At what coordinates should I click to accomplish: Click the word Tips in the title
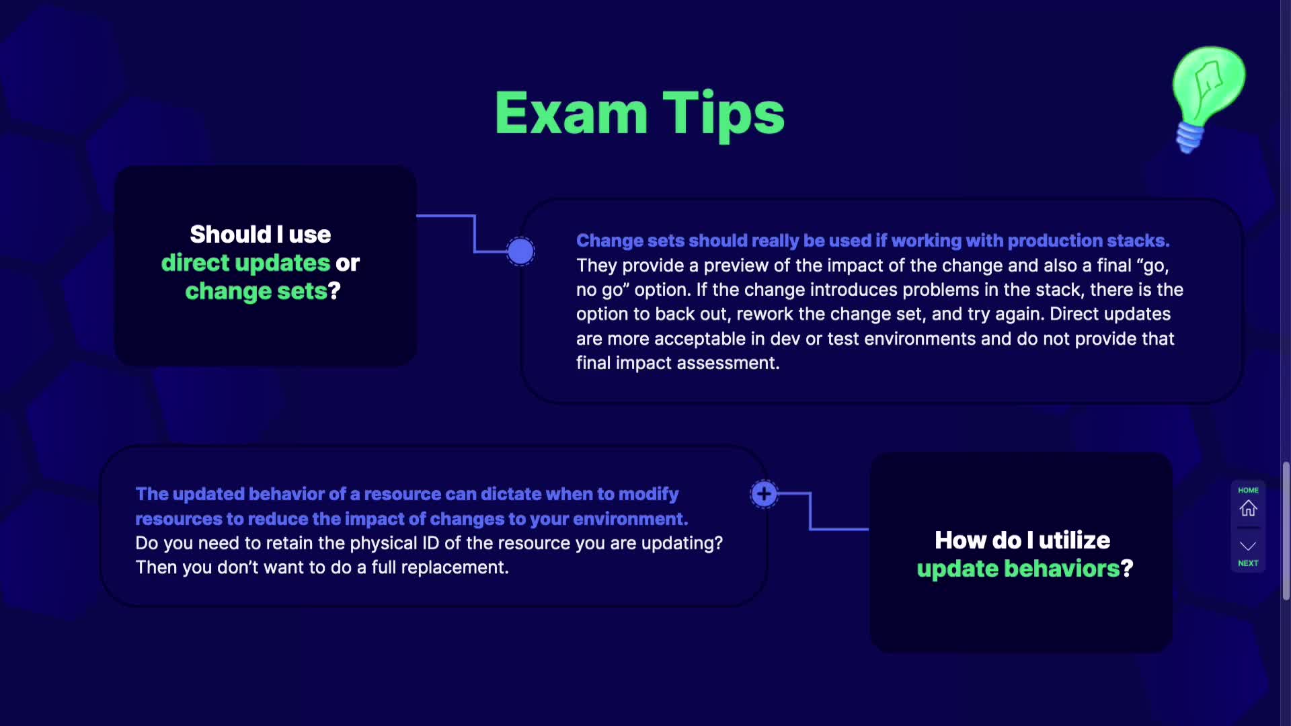[723, 116]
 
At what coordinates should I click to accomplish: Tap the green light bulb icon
[1209, 97]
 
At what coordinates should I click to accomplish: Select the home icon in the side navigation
[1248, 508]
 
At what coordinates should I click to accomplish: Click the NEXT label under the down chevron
[1248, 563]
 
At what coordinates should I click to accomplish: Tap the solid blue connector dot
[520, 251]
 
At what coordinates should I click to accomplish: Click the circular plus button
[764, 494]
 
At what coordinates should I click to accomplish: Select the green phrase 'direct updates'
[245, 264]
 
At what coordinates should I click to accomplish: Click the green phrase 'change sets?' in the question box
[263, 291]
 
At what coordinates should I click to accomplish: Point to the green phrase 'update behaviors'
[1018, 569]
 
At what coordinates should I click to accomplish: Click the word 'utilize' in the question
[1074, 540]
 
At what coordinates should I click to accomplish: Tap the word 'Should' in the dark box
[231, 235]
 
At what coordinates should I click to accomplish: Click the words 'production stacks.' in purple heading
[1089, 241]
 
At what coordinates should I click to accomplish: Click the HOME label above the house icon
[1248, 490]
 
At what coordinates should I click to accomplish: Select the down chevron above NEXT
[1248, 546]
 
